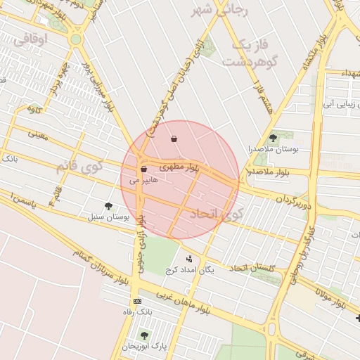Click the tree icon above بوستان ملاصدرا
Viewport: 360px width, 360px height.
(x=274, y=138)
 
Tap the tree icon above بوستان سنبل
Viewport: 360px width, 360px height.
(x=108, y=206)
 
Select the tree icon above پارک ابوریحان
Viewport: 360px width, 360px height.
(x=144, y=335)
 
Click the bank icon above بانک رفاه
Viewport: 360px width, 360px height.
(x=137, y=301)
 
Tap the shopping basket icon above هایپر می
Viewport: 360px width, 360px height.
(x=143, y=169)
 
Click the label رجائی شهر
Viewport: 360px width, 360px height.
(x=212, y=11)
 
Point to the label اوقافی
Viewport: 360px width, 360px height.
(x=30, y=40)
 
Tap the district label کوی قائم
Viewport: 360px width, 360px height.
(x=79, y=167)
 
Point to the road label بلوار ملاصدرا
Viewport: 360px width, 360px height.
(x=265, y=172)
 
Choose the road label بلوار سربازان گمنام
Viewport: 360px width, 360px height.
(x=102, y=264)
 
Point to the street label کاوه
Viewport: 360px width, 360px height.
(x=34, y=109)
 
